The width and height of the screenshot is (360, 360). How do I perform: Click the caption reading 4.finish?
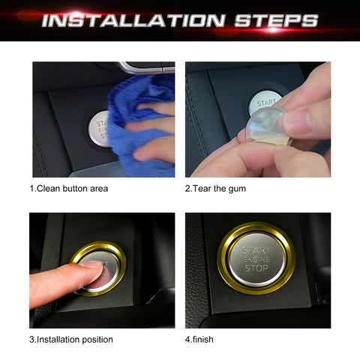199,340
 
